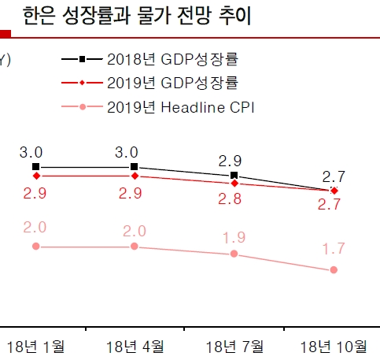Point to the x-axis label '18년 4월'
tap(135, 346)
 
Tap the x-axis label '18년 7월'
tap(234, 346)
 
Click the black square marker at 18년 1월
tap(36, 167)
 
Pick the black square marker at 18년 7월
tap(234, 175)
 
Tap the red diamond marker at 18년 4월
tap(135, 176)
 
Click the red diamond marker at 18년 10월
tap(334, 191)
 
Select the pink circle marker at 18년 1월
tap(36, 247)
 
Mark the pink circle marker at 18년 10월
tap(334, 269)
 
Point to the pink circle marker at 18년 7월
tap(234, 254)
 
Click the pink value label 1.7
tap(334, 249)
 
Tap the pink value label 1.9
tap(234, 236)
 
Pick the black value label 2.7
tap(334, 176)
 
